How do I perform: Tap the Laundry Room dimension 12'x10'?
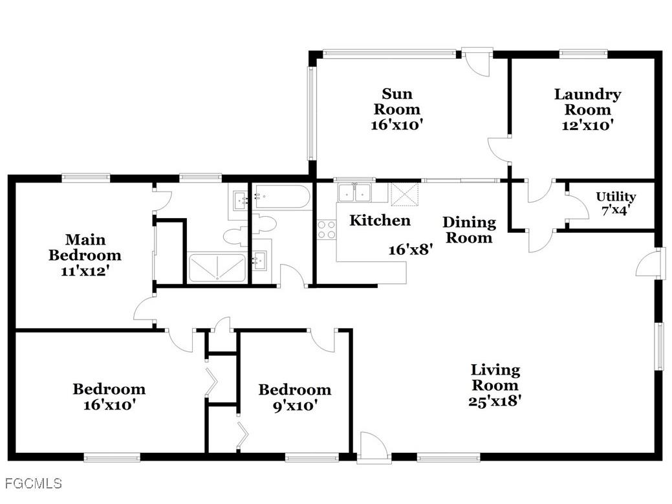pyautogui.click(x=587, y=126)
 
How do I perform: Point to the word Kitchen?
pyautogui.click(x=380, y=221)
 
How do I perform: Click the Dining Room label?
pyautogui.click(x=469, y=230)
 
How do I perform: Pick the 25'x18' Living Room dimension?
pyautogui.click(x=495, y=400)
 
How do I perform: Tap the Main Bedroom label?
pyautogui.click(x=85, y=247)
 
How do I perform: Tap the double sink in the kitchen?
pyautogui.click(x=354, y=192)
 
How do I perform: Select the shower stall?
pyautogui.click(x=217, y=268)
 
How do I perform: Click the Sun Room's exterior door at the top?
pyautogui.click(x=477, y=62)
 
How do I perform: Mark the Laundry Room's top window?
pyautogui.click(x=582, y=54)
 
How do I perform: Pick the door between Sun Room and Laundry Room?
pyautogui.click(x=500, y=148)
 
